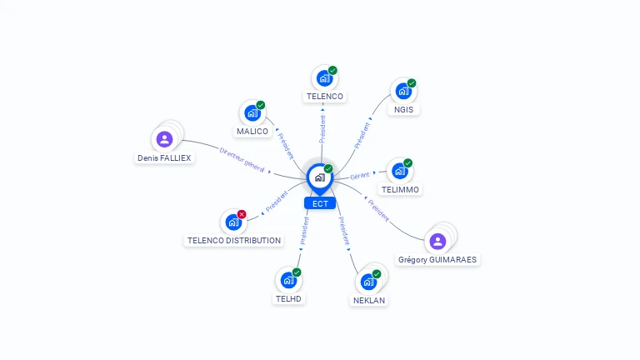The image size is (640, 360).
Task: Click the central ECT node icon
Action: click(x=319, y=177)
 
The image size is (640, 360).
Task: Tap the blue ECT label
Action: click(x=320, y=203)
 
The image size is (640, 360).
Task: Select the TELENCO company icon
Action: click(x=324, y=78)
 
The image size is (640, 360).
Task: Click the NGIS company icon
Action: click(x=403, y=91)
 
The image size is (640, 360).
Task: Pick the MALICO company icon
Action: click(x=252, y=113)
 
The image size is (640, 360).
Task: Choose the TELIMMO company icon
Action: click(x=400, y=171)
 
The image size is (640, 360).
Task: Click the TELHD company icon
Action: click(x=288, y=280)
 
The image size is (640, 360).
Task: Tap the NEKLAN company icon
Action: click(x=368, y=282)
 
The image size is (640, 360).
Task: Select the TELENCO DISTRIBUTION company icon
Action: click(x=233, y=222)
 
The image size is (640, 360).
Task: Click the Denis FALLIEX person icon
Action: click(x=164, y=139)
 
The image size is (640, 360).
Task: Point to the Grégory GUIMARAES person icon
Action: click(x=437, y=242)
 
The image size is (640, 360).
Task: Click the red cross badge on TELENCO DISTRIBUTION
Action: click(x=242, y=214)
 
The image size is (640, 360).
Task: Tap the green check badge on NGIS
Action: click(x=412, y=83)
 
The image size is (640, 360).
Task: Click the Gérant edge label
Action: click(x=359, y=175)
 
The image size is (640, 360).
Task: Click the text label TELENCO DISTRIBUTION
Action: click(x=233, y=240)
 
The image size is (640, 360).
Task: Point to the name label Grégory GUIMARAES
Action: click(x=437, y=259)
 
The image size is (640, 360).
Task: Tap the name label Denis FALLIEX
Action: click(x=164, y=157)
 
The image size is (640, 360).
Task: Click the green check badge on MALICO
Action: click(x=261, y=105)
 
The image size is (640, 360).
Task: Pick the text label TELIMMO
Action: click(x=400, y=189)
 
